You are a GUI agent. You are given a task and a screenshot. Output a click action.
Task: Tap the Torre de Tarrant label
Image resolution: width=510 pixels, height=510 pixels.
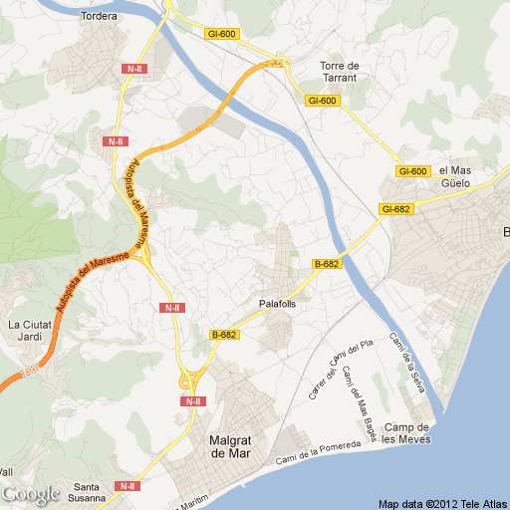tap(339, 73)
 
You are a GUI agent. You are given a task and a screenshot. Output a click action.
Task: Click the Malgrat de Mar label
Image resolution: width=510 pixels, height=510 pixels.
tap(234, 446)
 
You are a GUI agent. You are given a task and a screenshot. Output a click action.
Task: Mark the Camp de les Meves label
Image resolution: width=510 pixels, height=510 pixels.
tap(405, 433)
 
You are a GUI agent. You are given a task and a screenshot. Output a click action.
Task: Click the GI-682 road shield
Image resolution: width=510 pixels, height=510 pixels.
tap(395, 209)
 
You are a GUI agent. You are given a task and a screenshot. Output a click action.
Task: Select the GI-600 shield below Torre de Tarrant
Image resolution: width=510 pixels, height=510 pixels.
tap(323, 101)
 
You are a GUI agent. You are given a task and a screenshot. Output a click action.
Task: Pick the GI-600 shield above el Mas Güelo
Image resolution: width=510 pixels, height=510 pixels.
tap(412, 171)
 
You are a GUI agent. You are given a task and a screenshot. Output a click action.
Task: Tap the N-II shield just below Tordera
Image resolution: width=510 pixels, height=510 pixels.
tap(134, 68)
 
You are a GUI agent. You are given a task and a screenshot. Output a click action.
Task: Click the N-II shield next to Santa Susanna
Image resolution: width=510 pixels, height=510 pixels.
tap(127, 486)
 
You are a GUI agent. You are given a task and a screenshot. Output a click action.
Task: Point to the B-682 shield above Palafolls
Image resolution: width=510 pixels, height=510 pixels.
tap(327, 264)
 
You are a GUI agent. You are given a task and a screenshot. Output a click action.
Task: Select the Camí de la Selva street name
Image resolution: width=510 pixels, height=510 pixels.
tap(406, 363)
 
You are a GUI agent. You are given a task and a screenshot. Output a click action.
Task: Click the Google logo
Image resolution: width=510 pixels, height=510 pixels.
tap(31, 493)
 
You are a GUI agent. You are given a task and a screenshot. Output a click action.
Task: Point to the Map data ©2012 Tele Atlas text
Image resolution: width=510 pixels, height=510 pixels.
tap(441, 502)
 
